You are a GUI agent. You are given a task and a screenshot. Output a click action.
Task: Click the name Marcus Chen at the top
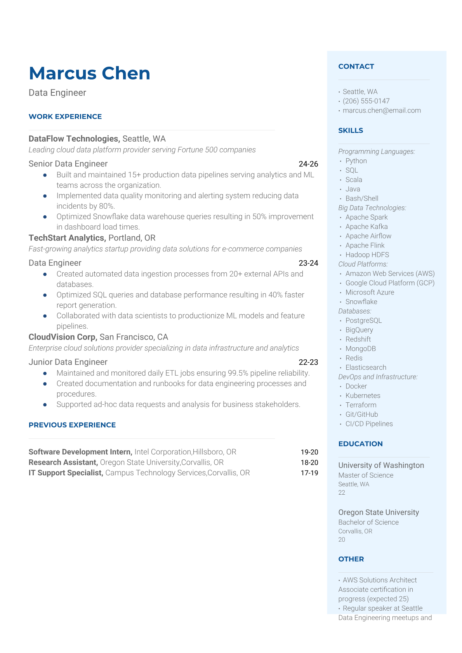(x=89, y=73)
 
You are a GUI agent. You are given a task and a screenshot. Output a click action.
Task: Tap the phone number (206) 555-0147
(x=366, y=101)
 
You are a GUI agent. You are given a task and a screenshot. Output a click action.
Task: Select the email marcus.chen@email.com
(x=381, y=111)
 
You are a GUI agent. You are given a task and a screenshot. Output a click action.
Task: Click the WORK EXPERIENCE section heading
(x=65, y=116)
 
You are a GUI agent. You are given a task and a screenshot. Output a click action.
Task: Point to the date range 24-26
(x=308, y=164)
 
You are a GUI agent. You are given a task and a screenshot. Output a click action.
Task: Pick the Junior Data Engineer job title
(x=68, y=362)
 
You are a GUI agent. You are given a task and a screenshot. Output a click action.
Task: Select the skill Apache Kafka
(x=366, y=227)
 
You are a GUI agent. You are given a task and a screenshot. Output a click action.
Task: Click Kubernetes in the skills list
(x=363, y=395)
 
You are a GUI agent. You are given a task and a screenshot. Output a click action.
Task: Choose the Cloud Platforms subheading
(x=363, y=264)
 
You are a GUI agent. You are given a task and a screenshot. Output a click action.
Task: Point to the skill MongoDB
(x=360, y=349)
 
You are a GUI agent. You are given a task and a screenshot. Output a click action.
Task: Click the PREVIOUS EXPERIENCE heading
(x=72, y=425)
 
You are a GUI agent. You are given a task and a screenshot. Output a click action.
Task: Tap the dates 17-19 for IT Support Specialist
(x=309, y=473)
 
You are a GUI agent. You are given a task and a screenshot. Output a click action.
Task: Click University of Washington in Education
(x=381, y=465)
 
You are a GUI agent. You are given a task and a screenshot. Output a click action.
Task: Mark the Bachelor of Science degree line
(x=368, y=522)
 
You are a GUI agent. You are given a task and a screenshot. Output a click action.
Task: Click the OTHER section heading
(x=351, y=559)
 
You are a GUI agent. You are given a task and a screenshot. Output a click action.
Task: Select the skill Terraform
(x=361, y=405)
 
